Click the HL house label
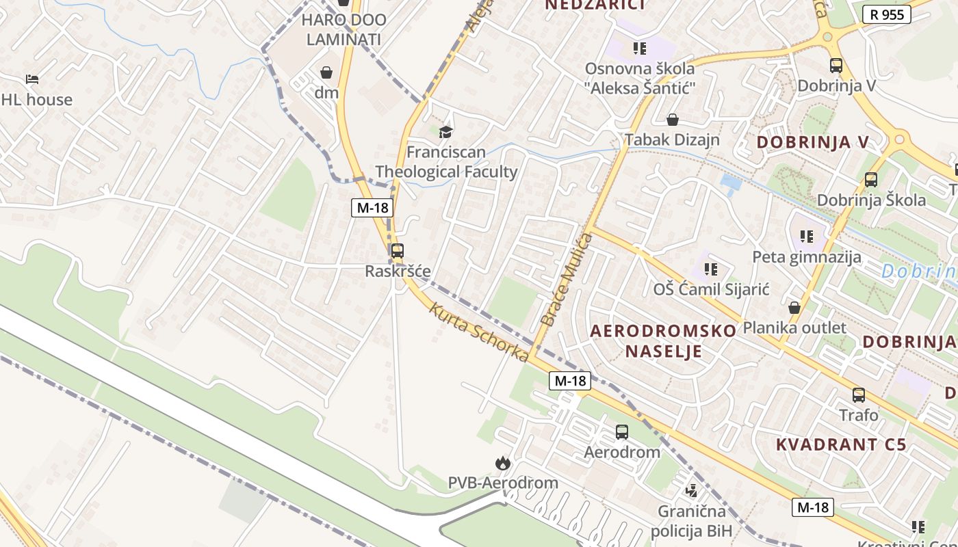pyautogui.click(x=36, y=100)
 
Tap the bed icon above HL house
pyautogui.click(x=31, y=79)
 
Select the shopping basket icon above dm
pyautogui.click(x=326, y=72)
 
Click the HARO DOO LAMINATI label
pyautogui.click(x=344, y=29)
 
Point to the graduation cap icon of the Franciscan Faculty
pyautogui.click(x=446, y=132)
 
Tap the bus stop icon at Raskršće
pyautogui.click(x=398, y=251)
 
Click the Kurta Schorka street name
pyautogui.click(x=479, y=332)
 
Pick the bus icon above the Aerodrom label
pyautogui.click(x=621, y=432)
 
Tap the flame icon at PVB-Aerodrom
pyautogui.click(x=503, y=464)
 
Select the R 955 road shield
pyautogui.click(x=886, y=14)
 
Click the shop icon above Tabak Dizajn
pyautogui.click(x=673, y=120)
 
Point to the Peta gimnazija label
pyautogui.click(x=807, y=258)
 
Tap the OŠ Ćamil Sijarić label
pyautogui.click(x=712, y=289)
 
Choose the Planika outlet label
pyautogui.click(x=794, y=328)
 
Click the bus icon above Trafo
pyautogui.click(x=859, y=395)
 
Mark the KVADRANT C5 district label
pyautogui.click(x=841, y=444)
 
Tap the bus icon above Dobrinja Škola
pyautogui.click(x=871, y=180)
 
